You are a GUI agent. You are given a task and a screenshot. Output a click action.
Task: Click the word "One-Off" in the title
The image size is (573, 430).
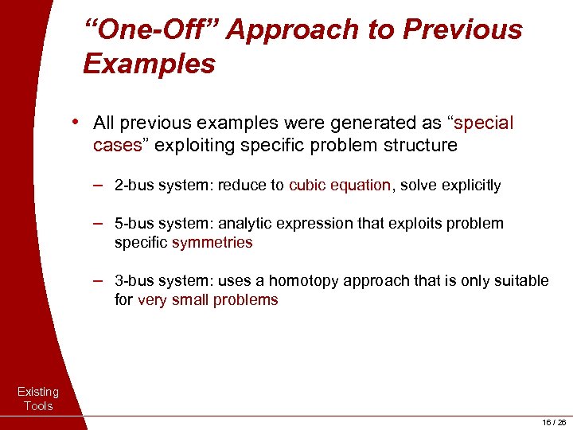click(151, 30)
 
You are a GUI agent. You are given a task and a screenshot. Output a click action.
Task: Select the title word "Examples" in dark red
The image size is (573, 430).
click(149, 64)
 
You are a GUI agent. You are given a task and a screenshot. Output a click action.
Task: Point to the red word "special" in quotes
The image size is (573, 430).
click(482, 123)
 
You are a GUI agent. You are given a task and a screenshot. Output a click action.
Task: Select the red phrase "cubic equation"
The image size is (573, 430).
click(340, 186)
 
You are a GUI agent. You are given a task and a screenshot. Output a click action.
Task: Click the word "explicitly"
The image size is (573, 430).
click(468, 186)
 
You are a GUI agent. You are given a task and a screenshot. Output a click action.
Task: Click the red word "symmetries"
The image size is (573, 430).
click(212, 242)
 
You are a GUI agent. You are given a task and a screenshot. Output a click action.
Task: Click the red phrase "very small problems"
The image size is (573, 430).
click(208, 300)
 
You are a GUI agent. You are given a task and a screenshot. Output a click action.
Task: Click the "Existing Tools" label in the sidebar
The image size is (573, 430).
click(37, 399)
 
